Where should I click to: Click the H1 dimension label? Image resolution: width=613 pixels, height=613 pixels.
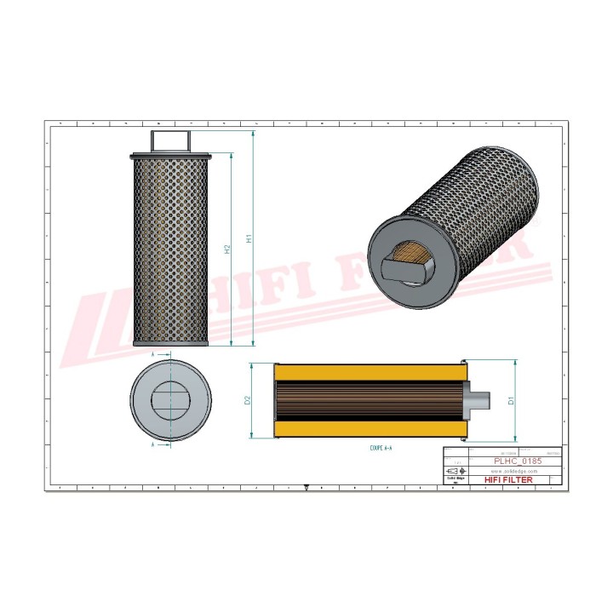click(x=249, y=239)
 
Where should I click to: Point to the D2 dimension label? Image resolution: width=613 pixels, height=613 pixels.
click(x=247, y=400)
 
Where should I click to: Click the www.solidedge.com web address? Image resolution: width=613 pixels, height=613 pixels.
click(x=513, y=470)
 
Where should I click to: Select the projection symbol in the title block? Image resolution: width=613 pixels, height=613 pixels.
click(x=456, y=471)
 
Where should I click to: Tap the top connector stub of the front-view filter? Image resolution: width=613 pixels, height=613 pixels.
click(x=170, y=140)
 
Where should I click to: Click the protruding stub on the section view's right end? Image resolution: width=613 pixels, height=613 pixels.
click(x=480, y=400)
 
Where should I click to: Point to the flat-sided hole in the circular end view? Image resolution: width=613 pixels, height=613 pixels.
click(x=170, y=400)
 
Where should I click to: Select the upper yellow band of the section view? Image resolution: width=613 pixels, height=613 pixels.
click(x=370, y=372)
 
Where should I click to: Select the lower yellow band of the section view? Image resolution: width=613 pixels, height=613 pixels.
click(x=370, y=428)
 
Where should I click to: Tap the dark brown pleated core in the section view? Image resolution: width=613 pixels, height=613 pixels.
click(x=370, y=400)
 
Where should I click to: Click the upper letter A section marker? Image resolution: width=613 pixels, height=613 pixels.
click(x=152, y=352)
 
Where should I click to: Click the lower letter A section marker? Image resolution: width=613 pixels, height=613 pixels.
click(x=152, y=444)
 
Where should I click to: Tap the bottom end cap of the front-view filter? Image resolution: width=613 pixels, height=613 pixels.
click(x=170, y=343)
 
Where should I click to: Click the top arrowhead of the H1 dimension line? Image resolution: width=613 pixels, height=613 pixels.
click(x=253, y=135)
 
